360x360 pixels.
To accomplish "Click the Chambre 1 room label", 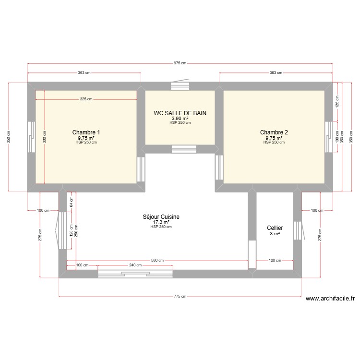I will (x=86, y=132).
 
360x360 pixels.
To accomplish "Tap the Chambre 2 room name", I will (x=274, y=132).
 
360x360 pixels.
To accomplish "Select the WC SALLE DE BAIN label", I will (x=180, y=113).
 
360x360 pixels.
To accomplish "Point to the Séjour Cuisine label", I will (x=161, y=217).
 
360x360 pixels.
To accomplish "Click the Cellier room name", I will (x=275, y=228).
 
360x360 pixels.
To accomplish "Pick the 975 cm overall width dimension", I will (x=180, y=63).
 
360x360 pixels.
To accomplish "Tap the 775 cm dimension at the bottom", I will (x=180, y=296).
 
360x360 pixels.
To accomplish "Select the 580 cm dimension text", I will (x=157, y=261).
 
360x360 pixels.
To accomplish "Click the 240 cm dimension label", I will (x=135, y=265).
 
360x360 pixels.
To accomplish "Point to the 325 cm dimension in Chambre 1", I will (x=86, y=99).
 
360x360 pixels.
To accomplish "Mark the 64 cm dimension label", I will (x=71, y=202).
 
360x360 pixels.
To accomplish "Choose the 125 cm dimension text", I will (x=337, y=104).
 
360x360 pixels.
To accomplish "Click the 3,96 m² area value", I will (x=180, y=118).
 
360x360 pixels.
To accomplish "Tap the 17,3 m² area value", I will (x=161, y=222).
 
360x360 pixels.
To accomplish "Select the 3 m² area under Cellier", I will (x=275, y=234).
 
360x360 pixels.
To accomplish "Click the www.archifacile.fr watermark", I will (x=330, y=298).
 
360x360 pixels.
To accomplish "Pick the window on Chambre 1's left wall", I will (x=31, y=137).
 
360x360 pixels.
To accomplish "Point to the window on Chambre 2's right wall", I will (x=329, y=137).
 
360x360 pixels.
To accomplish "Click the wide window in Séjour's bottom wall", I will (x=134, y=274).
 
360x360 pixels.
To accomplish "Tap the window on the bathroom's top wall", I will (x=180, y=86).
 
